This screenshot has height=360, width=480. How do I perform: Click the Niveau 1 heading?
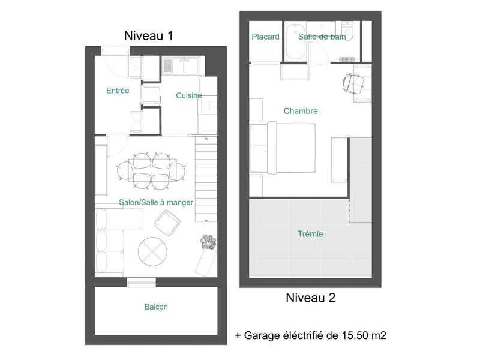148,35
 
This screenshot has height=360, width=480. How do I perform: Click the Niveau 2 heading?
310,298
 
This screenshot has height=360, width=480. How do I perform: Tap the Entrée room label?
118,91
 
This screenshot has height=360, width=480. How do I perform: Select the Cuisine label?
188,95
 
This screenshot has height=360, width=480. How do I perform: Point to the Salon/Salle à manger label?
156,203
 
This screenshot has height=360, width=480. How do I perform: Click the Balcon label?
156,307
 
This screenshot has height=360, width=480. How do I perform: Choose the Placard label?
265,37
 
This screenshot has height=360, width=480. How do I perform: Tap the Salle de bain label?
322,37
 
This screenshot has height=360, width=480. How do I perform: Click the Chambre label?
301,111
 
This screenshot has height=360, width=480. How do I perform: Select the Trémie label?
310,234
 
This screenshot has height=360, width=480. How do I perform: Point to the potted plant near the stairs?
208,242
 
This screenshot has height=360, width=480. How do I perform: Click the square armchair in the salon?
167,224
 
